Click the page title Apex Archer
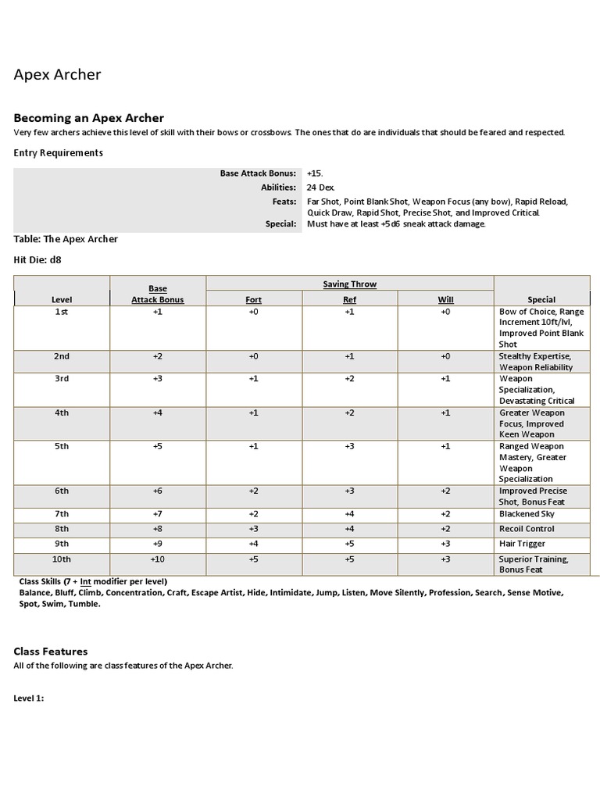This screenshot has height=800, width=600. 58,75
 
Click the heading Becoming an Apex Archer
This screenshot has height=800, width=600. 89,118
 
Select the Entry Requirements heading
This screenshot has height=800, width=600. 59,153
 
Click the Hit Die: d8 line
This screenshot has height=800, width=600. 37,260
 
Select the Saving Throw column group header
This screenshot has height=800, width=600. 349,284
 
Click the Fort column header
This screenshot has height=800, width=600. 253,299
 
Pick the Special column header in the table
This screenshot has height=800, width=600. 541,299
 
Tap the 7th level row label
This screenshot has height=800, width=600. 62,514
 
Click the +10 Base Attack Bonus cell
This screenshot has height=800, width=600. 158,559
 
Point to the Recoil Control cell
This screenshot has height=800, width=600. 527,529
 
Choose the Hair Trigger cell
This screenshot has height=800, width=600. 522,544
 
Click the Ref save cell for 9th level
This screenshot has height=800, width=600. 349,544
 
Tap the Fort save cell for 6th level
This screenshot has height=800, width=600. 253,491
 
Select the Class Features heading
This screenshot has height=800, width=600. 51,651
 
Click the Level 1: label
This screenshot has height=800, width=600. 29,698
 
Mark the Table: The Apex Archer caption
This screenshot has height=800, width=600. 66,239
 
